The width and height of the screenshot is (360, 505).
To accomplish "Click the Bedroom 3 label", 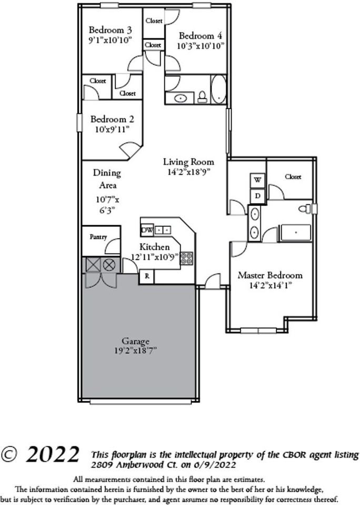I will [x=109, y=29].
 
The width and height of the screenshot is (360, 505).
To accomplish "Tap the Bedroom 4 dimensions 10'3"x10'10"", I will [x=201, y=46].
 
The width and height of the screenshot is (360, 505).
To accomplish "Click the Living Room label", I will [x=188, y=162].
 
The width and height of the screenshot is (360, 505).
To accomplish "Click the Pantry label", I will [x=98, y=237].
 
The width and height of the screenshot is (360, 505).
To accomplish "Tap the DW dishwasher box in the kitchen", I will [x=147, y=230].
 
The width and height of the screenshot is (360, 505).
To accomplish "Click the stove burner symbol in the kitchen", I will [x=186, y=258].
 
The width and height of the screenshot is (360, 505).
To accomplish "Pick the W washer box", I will [x=257, y=180].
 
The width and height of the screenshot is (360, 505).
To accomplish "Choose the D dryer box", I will [x=257, y=196].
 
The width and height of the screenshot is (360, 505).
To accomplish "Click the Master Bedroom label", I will [x=270, y=275].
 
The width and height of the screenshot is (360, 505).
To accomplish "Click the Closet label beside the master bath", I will [x=293, y=177].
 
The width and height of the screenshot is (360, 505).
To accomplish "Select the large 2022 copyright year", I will [x=53, y=454].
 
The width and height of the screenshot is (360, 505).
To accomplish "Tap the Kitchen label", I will [x=154, y=247].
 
